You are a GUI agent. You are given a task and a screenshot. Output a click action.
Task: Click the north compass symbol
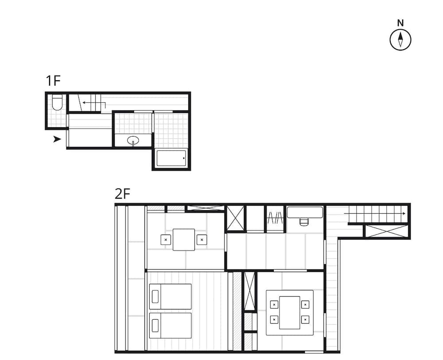tap(400, 39)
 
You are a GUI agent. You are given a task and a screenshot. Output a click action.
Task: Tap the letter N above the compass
tap(400, 23)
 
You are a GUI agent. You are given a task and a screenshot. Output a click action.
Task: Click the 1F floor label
tap(53, 81)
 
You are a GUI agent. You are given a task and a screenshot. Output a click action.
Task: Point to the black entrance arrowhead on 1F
tap(57, 139)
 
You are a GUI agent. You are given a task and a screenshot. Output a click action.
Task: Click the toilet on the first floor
tap(57, 103)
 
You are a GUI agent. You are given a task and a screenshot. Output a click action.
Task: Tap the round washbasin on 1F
tap(133, 141)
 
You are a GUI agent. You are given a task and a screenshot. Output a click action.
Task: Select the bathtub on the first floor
tap(171, 158)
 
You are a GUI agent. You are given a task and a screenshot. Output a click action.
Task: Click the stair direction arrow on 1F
tap(93, 103)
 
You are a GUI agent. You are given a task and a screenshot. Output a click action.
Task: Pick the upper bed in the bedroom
tap(171, 296)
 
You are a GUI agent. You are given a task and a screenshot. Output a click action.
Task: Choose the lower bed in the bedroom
tap(171, 325)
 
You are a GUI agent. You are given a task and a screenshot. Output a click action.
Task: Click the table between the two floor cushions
tap(183, 239)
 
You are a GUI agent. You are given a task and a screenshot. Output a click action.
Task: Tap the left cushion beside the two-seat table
tap(166, 239)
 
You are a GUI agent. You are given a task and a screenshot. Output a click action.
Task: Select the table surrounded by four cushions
tap(290, 312)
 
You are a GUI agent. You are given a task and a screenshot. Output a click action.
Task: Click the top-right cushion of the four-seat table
tap(305, 305)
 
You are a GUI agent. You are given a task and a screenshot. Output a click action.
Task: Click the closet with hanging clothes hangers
tap(275, 218)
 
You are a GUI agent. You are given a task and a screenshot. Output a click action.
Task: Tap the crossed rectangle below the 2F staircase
tap(386, 231)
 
